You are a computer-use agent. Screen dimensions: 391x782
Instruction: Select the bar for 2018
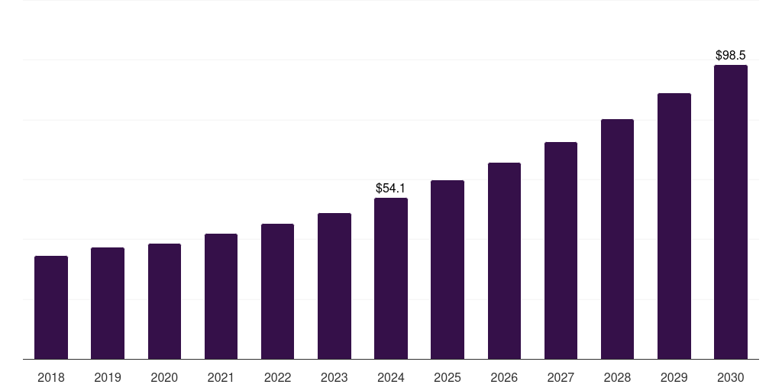tap(51, 307)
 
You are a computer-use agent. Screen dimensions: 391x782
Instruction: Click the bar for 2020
tap(164, 301)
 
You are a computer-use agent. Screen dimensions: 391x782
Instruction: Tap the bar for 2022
tap(277, 291)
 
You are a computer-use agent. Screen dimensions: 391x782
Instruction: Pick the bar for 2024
tap(391, 278)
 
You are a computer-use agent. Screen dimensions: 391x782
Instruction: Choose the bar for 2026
tap(504, 260)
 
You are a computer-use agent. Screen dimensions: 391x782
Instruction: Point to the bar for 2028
tap(617, 239)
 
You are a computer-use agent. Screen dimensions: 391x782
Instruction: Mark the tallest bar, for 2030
tap(731, 212)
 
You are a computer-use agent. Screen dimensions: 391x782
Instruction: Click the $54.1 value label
tap(391, 188)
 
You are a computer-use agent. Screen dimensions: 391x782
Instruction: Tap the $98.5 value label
tap(731, 55)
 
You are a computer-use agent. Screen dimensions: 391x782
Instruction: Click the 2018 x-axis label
tap(51, 377)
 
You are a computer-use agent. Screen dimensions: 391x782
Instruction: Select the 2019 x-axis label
tap(108, 377)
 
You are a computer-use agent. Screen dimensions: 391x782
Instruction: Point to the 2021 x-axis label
tap(221, 377)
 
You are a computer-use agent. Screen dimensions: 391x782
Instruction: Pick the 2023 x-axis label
tap(334, 377)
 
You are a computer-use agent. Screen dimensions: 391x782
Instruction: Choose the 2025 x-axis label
tap(448, 377)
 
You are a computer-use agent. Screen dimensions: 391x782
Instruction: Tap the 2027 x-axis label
tap(561, 377)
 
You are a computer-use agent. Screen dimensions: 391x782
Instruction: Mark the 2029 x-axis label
tap(674, 377)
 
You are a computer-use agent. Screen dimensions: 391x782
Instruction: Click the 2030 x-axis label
tap(731, 377)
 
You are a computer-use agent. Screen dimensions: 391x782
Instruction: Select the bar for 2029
tap(674, 226)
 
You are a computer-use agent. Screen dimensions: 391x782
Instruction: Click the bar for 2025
tap(448, 270)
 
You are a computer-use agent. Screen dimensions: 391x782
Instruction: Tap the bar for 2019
tap(108, 303)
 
